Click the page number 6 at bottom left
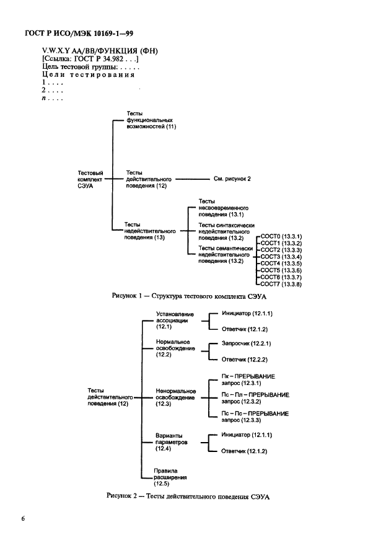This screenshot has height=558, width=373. (x=24, y=518)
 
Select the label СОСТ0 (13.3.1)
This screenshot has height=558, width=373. (x=281, y=237)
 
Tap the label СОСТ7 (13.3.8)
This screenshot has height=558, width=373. (x=281, y=284)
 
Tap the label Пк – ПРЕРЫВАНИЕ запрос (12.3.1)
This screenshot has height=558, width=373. (x=248, y=380)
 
